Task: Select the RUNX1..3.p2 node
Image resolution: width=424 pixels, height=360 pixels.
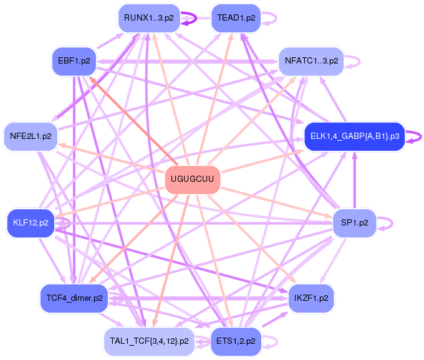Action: click(x=149, y=18)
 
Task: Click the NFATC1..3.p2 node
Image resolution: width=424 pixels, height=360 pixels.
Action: click(x=311, y=61)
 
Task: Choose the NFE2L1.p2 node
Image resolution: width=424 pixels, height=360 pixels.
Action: click(x=31, y=136)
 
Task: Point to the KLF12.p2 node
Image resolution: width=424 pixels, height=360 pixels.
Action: click(x=31, y=222)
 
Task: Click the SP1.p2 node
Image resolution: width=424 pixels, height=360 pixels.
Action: click(x=354, y=222)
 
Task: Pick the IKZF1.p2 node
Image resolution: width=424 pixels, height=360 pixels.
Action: click(x=311, y=298)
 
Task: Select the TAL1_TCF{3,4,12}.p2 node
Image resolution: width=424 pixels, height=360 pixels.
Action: click(x=149, y=341)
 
